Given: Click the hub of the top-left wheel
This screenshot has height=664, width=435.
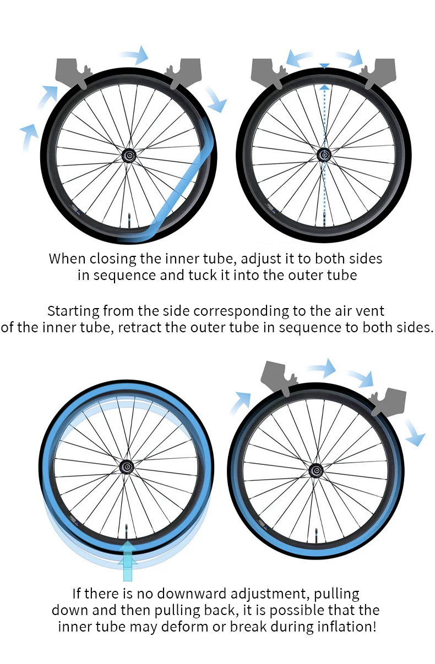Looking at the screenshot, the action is pyautogui.click(x=129, y=155).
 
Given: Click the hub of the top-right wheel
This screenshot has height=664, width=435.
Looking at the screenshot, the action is pyautogui.click(x=324, y=155).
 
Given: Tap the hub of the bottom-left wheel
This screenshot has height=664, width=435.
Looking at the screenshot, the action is pyautogui.click(x=127, y=468).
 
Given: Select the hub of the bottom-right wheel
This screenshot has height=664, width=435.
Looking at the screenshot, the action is pyautogui.click(x=316, y=471).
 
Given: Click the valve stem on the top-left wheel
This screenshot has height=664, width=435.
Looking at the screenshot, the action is pyautogui.click(x=129, y=221).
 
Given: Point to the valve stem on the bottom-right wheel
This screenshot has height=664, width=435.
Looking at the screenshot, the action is pyautogui.click(x=316, y=536).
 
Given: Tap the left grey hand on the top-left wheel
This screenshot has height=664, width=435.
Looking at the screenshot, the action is pyautogui.click(x=73, y=73).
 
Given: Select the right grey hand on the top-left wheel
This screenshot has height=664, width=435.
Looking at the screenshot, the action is pyautogui.click(x=183, y=73).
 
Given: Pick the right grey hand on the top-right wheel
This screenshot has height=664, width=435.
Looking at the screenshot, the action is pyautogui.click(x=378, y=73).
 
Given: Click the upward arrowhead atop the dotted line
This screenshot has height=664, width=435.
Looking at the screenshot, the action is pyautogui.click(x=325, y=87).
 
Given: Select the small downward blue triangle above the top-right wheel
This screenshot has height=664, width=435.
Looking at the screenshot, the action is pyautogui.click(x=325, y=66).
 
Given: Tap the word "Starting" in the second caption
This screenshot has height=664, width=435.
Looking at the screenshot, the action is pyautogui.click(x=73, y=311).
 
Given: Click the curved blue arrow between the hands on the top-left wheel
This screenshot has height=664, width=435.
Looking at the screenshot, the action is pyautogui.click(x=135, y=55).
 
